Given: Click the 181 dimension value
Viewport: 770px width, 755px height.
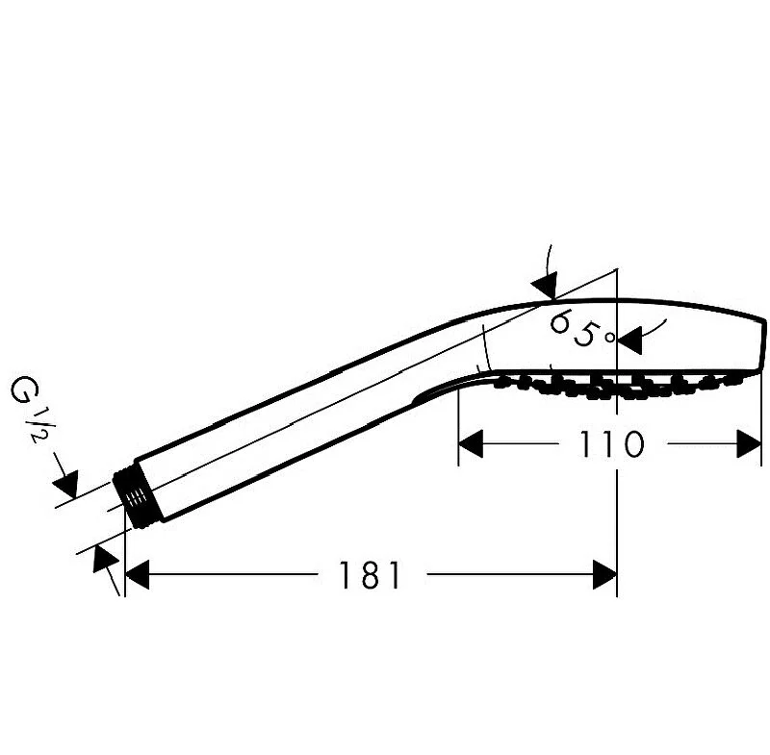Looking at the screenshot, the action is tap(370, 575).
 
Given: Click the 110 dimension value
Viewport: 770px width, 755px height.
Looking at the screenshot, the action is tap(611, 444).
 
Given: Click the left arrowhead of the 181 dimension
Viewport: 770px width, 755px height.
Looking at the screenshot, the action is tap(137, 574).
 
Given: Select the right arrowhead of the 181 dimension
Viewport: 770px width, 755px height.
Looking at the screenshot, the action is tap(604, 574).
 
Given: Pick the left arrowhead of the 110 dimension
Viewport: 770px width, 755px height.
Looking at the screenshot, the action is tap(471, 443).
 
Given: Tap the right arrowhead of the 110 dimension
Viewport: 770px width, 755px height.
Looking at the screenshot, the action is tap(749, 443).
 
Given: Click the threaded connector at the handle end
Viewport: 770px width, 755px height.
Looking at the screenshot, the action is tap(134, 497).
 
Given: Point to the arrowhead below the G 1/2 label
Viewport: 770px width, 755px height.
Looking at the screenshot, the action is tap(66, 484).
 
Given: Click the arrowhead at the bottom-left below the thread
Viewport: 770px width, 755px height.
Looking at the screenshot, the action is tap(104, 558).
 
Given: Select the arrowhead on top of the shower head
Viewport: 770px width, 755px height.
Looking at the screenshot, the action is tap(545, 284).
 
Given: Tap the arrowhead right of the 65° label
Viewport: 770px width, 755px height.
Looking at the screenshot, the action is tap(629, 340).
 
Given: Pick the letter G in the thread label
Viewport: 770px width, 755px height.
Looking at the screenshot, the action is tap(22, 389).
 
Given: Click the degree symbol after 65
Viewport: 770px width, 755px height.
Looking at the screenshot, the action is tap(610, 337).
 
